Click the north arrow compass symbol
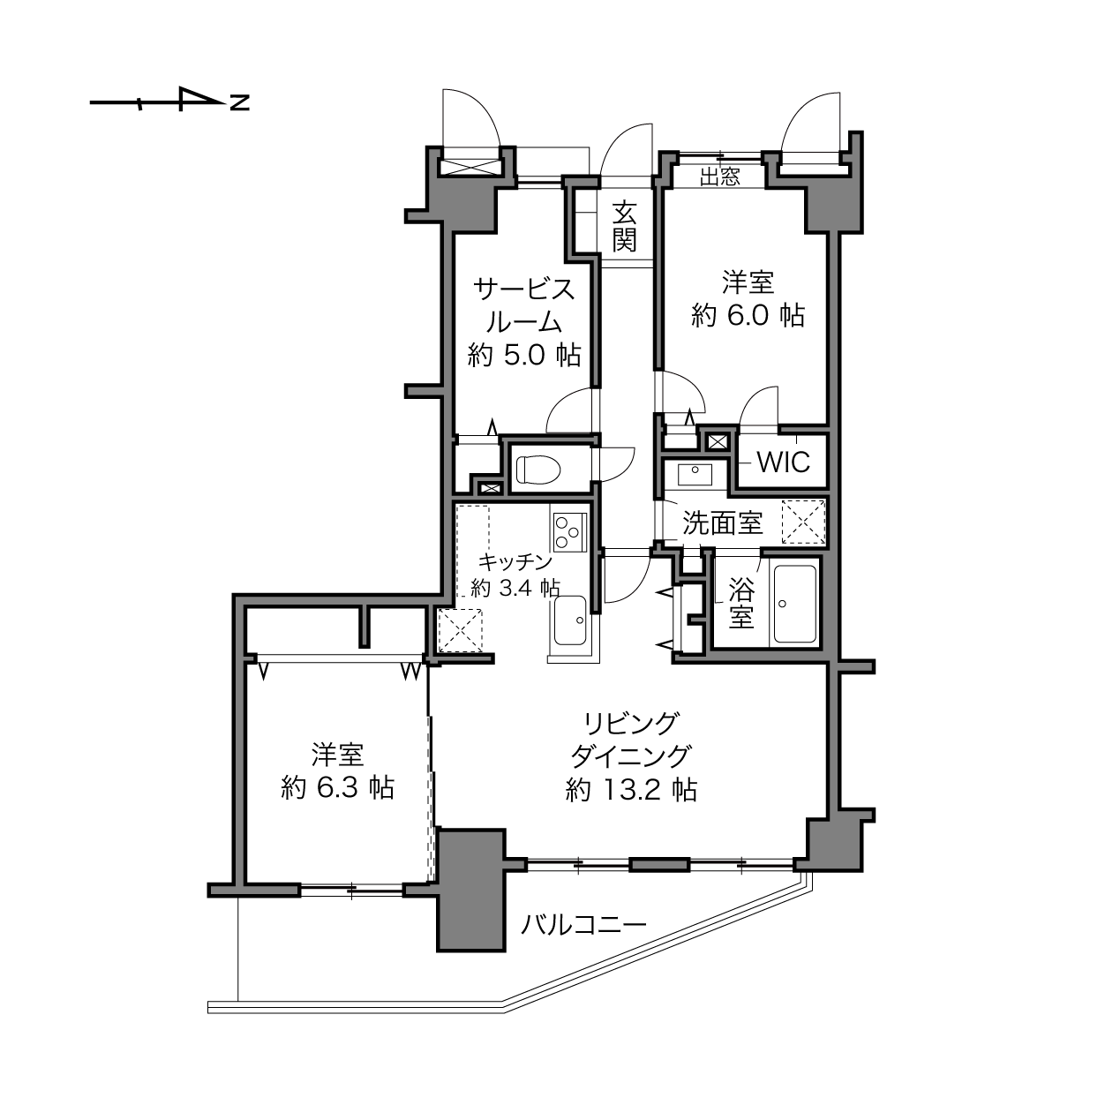coord(169,100)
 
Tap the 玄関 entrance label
coord(624,227)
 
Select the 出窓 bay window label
coord(719,177)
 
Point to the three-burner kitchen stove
coord(569,531)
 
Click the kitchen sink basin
coord(570,620)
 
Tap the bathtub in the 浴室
coord(795,604)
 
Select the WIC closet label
coord(784,462)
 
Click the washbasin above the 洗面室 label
coord(695,475)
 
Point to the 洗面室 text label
coord(722,523)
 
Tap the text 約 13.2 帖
coord(631,790)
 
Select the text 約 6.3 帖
coord(338,788)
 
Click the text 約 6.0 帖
coord(748,315)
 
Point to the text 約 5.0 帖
coord(524,356)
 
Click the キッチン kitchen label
coord(515,562)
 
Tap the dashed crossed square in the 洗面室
coord(803,522)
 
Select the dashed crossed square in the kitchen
coord(460,630)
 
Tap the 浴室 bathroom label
coord(740,603)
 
